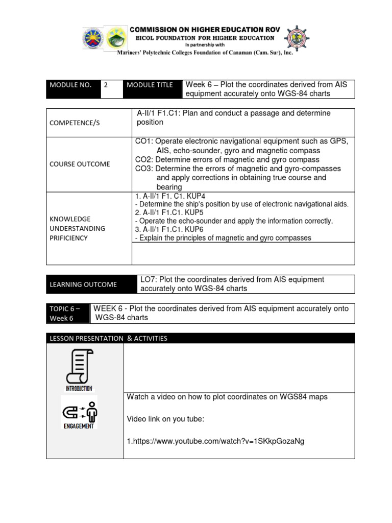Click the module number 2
pyautogui.click(x=106, y=85)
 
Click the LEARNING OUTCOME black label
pyautogui.click(x=83, y=284)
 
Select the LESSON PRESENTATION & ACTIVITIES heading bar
pyautogui.click(x=108, y=338)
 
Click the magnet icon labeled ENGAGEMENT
pyautogui.click(x=79, y=412)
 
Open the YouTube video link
pyautogui.click(x=216, y=441)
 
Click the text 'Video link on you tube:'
pyautogui.click(x=165, y=419)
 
